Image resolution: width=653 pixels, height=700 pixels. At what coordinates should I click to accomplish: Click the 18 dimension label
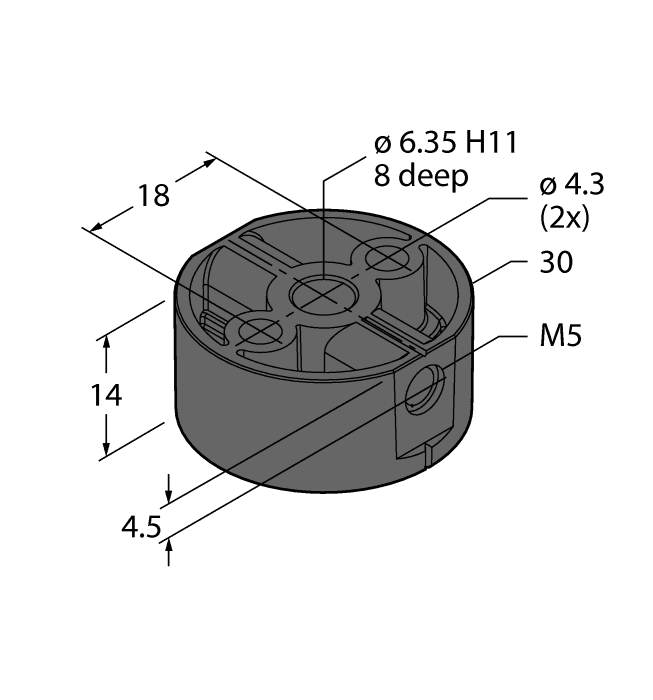coord(154,194)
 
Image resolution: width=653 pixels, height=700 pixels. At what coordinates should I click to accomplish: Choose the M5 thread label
coord(561,337)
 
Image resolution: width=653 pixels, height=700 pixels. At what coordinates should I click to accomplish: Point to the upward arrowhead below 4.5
coord(170,545)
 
